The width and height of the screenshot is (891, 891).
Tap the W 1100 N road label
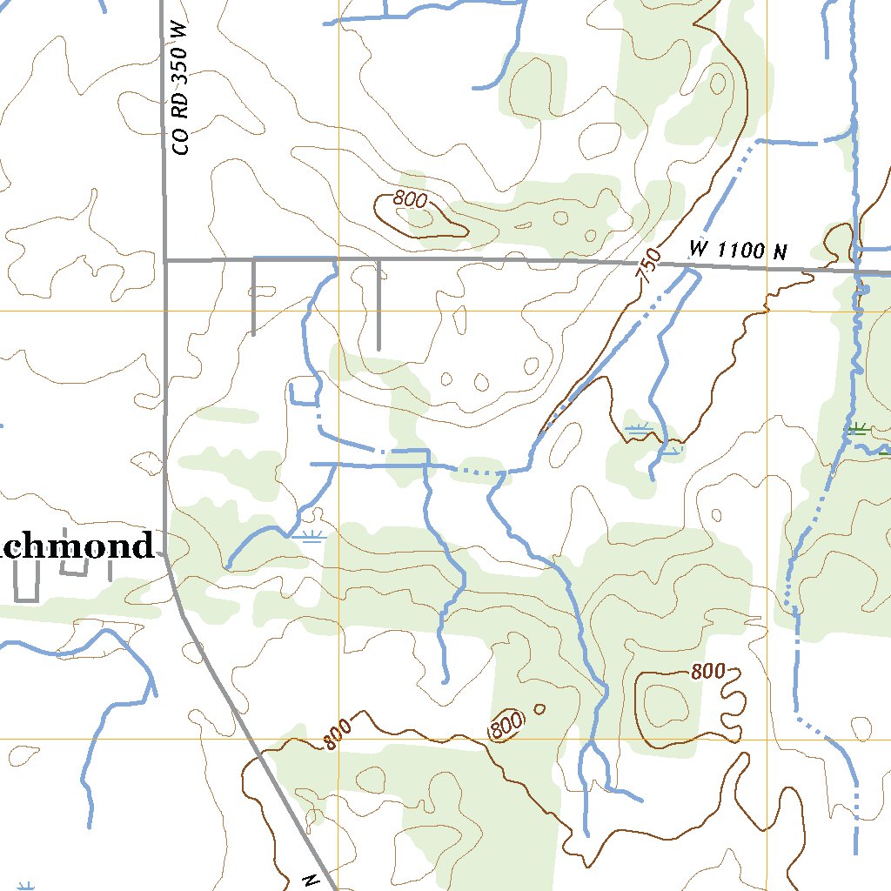click(x=738, y=251)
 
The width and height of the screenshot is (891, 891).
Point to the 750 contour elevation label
click(x=648, y=265)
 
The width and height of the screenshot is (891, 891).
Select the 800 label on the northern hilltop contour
click(x=409, y=199)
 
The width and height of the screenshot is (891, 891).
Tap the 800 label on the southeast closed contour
click(x=708, y=671)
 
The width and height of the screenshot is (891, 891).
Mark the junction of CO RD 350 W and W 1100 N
click(x=165, y=259)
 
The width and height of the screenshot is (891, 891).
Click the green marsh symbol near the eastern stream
click(x=857, y=427)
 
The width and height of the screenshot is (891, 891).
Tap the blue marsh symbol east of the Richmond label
click(x=310, y=536)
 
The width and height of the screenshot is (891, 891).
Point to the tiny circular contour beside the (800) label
click(x=539, y=708)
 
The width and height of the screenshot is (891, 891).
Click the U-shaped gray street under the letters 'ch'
click(x=76, y=566)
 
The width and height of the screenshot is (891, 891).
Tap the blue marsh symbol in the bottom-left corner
click(x=26, y=886)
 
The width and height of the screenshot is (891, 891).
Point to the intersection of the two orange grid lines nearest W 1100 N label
click(x=767, y=310)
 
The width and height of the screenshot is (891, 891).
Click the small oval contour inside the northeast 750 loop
click(x=718, y=83)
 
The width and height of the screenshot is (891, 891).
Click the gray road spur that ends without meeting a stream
click(x=379, y=305)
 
